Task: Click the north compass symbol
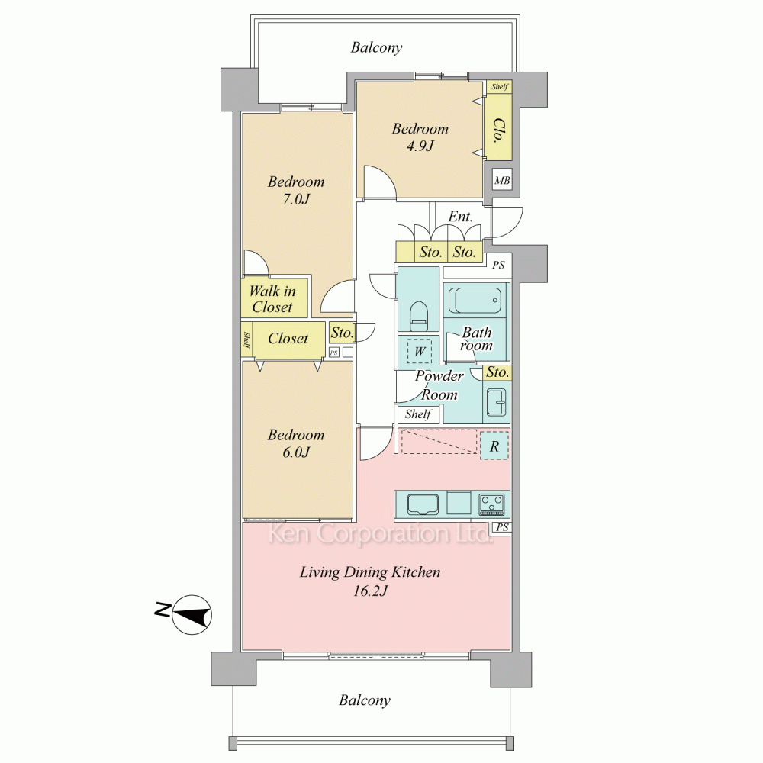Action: (192, 614)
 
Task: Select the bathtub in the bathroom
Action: (475, 301)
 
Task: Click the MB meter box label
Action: (502, 181)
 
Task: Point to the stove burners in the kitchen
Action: (491, 504)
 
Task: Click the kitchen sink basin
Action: (423, 504)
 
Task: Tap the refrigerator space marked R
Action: (494, 446)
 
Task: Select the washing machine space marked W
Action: (420, 350)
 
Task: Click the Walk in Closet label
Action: (272, 299)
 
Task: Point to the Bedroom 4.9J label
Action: (420, 137)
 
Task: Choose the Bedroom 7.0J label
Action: (296, 190)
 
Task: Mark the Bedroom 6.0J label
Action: (296, 443)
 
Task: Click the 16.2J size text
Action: (370, 591)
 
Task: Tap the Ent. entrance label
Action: (460, 216)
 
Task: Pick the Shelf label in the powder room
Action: (418, 414)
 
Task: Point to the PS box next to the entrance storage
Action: (498, 266)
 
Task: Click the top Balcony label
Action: (376, 47)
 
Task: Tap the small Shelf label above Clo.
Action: (499, 87)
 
